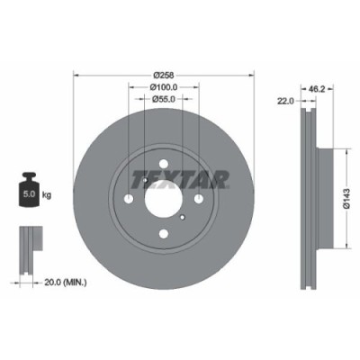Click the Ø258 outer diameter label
click(x=163, y=74)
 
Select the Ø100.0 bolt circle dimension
click(x=163, y=87)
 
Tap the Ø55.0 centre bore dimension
click(x=163, y=100)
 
